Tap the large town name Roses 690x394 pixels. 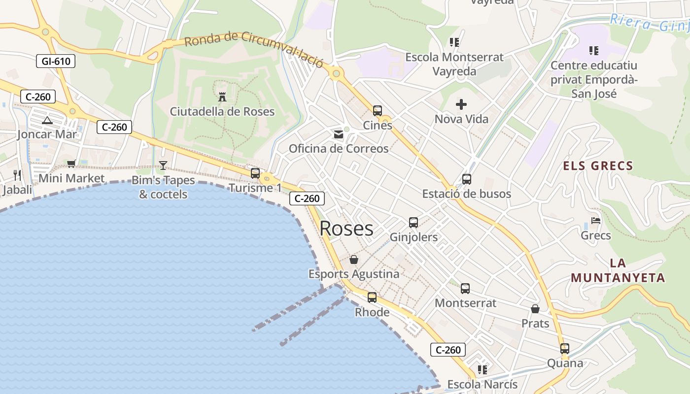coord(346,229)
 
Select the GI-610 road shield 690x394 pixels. coord(56,62)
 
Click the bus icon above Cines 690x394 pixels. coord(378,111)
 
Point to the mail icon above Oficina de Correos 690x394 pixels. coord(339,134)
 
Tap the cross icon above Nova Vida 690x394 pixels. coord(461,104)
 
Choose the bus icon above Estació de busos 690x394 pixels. coord(467,179)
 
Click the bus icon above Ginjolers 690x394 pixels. coord(414,223)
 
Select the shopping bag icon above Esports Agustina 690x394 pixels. coord(354,259)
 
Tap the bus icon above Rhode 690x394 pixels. coord(372,297)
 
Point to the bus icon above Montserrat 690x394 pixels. coord(465,289)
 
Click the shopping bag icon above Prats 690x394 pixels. coord(535,309)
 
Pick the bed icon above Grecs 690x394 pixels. coord(596,221)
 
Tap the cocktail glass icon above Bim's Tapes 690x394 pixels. coord(163,165)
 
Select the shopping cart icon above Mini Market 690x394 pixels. coord(71,164)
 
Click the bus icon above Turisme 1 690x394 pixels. coord(255,173)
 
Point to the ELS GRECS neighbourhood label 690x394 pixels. coord(598,166)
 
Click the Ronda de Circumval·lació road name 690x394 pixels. coord(254,49)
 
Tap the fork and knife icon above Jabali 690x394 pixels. coord(17,175)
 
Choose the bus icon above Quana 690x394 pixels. coord(565,349)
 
